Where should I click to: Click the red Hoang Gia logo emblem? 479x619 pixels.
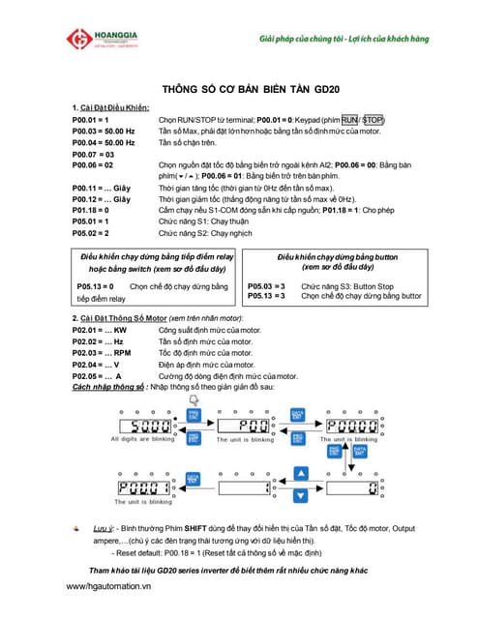(x=78, y=40)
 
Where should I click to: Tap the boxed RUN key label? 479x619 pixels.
(x=349, y=120)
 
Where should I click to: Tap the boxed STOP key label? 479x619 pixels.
(x=374, y=120)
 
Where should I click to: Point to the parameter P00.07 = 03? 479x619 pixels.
(x=94, y=154)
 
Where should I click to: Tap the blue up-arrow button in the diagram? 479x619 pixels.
(x=300, y=474)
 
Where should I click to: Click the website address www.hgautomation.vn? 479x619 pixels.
(x=109, y=586)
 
